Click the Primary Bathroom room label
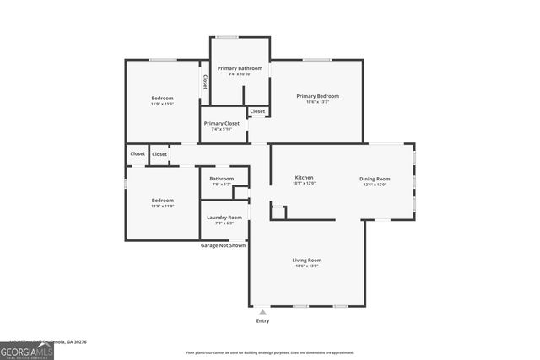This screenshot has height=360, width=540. [x=240, y=68]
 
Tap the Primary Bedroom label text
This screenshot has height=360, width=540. [x=318, y=96]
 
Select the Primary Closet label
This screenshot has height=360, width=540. [x=221, y=123]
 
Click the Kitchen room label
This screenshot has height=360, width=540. [x=304, y=178]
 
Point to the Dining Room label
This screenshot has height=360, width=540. [x=375, y=179]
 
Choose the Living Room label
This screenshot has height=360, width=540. [x=307, y=261]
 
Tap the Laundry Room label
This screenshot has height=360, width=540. [x=224, y=218]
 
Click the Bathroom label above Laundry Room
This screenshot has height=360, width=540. [x=222, y=179]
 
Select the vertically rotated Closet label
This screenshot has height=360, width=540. [x=205, y=82]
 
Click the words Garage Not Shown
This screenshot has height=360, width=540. [x=223, y=245]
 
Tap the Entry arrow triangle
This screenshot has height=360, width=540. [x=262, y=312]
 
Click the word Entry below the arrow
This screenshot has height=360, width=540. [x=262, y=321]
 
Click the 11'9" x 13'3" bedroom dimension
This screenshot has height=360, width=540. [x=162, y=104]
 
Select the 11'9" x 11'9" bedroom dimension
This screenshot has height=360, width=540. [x=162, y=206]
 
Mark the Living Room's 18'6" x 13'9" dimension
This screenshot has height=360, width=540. [x=307, y=266]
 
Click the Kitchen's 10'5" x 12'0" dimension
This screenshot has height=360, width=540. [x=304, y=183]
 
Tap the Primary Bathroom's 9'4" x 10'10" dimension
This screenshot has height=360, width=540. [x=240, y=74]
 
